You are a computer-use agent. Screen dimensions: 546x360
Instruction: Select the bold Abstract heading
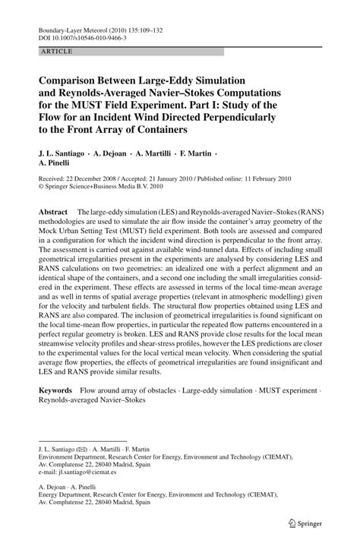[54, 209]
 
